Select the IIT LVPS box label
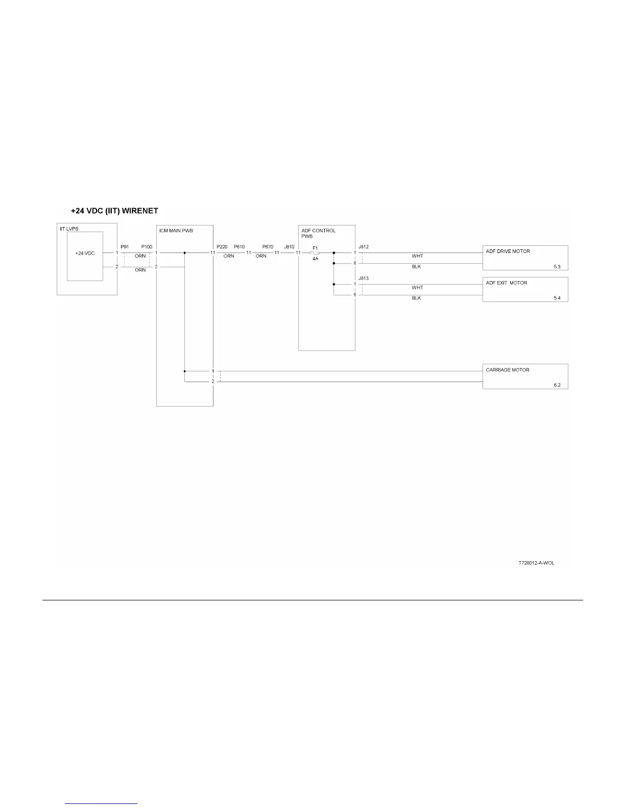[69, 229]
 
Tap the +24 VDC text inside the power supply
[85, 253]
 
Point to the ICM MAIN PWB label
[176, 231]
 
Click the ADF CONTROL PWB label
[318, 233]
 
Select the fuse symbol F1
[315, 252]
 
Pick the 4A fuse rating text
[316, 259]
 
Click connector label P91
[125, 247]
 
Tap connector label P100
[147, 247]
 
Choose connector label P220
[222, 247]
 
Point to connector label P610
[239, 247]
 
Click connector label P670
[268, 247]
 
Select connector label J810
[289, 247]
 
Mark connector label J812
[364, 247]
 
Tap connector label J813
[364, 278]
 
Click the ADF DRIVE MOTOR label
[508, 251]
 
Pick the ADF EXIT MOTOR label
[507, 283]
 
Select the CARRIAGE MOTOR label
[508, 370]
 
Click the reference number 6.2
[557, 385]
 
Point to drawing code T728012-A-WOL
[536, 563]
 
